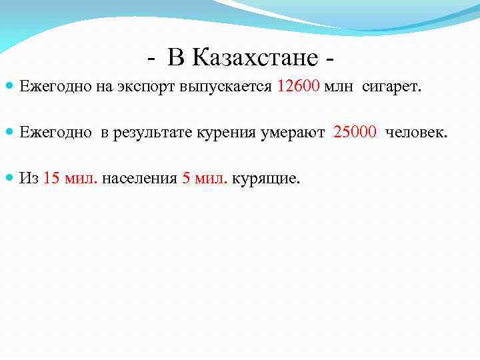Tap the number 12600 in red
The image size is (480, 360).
(x=298, y=85)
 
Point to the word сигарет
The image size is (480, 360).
(x=392, y=86)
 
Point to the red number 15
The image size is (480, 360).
(x=51, y=178)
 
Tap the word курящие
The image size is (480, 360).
(x=265, y=179)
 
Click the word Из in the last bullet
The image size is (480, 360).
(x=29, y=178)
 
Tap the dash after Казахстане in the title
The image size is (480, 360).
(x=331, y=59)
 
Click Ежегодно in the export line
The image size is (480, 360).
(x=48, y=86)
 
